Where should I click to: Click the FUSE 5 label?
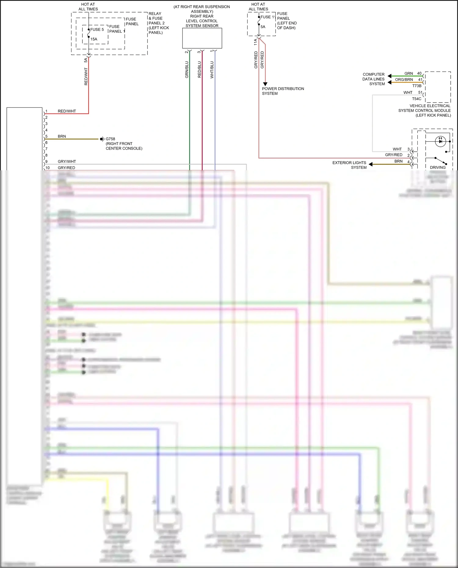coord(97,30)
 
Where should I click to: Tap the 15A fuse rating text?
coord(94,39)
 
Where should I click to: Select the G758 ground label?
coord(110,139)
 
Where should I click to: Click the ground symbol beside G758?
coord(102,139)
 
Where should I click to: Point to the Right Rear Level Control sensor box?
coord(202,38)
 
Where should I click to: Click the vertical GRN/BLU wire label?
coord(187,70)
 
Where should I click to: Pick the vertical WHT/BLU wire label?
coord(212,70)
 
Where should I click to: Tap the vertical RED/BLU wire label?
coord(199,70)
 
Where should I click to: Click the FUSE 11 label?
coord(268,17)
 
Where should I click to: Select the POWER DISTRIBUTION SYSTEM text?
coord(283,91)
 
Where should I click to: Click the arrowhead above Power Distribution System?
coord(265,84)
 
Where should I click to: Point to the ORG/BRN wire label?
coord(404,80)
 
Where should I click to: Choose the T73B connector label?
coord(416,86)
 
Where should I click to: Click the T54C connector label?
coord(416,99)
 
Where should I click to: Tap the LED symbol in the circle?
coord(440,141)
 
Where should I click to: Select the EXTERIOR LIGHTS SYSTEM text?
coord(349,165)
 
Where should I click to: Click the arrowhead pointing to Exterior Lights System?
coord(371,164)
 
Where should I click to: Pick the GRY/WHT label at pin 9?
coord(67,161)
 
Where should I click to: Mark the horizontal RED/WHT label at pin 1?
coord(67,111)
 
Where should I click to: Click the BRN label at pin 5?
coord(62,136)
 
